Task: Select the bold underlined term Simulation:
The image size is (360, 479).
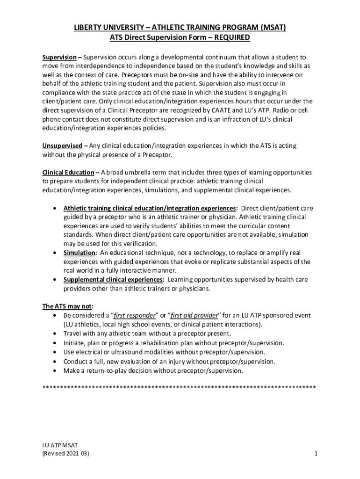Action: click(80, 253)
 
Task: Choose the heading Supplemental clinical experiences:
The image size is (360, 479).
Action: click(114, 280)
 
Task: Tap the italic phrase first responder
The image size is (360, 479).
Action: click(137, 315)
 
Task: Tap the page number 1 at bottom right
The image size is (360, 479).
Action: click(316, 454)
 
